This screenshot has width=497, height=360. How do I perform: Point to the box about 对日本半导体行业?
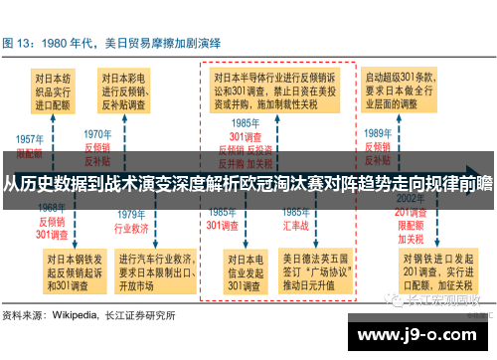coord(278,90)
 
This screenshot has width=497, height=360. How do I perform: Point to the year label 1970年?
coord(97,133)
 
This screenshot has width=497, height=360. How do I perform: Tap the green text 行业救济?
coord(131,227)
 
